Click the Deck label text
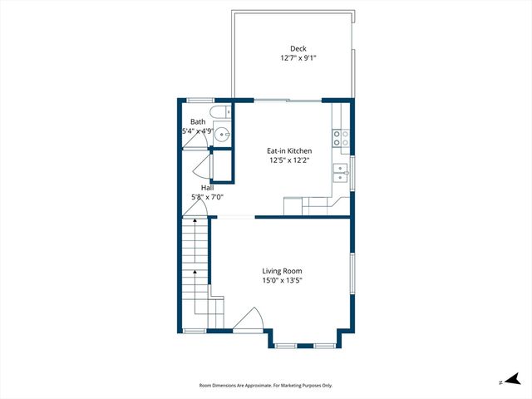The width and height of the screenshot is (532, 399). (298, 48)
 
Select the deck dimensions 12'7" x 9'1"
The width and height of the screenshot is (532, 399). (298, 58)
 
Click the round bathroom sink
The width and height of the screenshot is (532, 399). (223, 133)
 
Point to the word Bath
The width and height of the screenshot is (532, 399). (198, 121)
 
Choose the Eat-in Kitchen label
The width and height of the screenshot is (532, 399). (288, 150)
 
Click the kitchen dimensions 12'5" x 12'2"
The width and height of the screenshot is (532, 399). (288, 160)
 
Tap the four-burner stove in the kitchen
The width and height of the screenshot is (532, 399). (341, 138)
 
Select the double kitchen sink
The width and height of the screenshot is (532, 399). (341, 172)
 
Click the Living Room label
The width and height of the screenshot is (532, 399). (282, 271)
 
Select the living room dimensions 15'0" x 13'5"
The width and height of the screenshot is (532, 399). (282, 281)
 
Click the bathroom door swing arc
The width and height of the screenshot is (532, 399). (196, 140)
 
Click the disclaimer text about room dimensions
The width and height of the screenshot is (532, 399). (265, 385)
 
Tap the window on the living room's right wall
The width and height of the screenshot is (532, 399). (352, 275)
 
